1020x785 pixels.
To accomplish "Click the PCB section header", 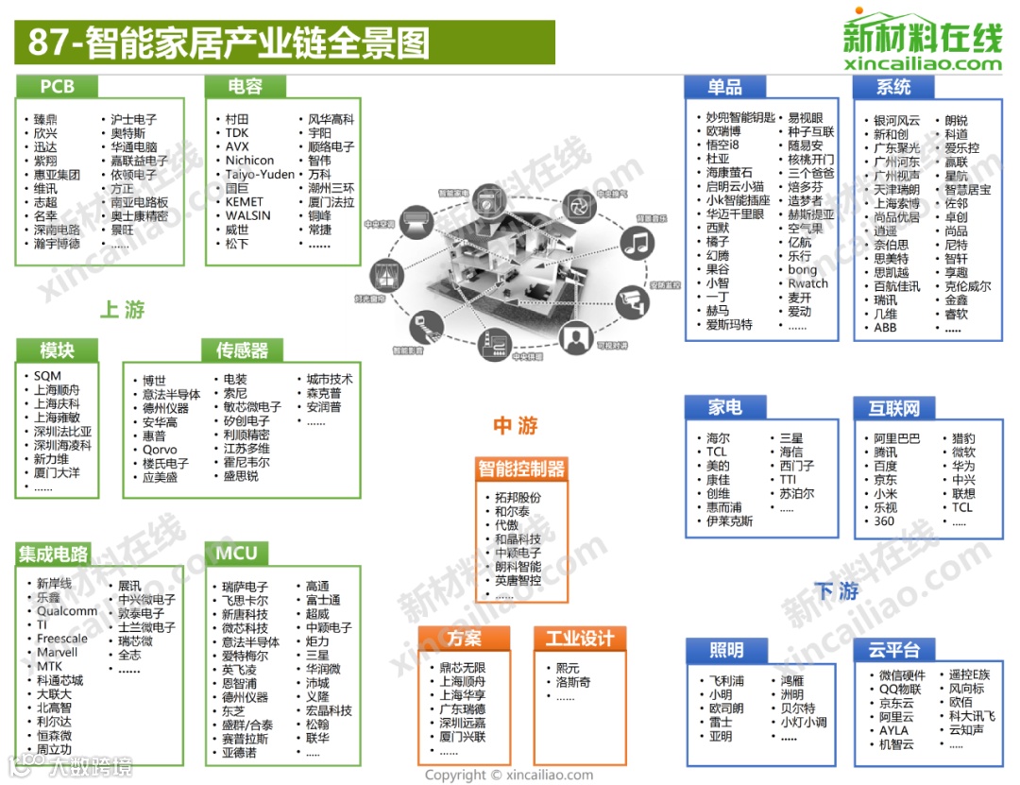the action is pos(57,87).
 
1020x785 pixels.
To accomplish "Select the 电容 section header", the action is pos(246,87).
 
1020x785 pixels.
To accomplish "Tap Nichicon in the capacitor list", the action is pos(249,161).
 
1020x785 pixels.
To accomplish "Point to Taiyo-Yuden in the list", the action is pos(260,175).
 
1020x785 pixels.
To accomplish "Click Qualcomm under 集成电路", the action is pos(67,611).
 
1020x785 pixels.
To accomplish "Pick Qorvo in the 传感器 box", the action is pos(160,450).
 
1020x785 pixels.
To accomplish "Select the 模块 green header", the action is pos(57,350).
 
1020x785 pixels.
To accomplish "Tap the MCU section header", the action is pos(236,553).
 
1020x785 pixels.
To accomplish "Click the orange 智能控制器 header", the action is pos(520,469).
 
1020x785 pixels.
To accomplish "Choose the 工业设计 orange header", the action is pos(579,639).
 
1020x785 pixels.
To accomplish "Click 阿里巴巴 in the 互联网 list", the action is pos(896,438).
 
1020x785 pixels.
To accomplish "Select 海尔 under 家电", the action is pos(718,438).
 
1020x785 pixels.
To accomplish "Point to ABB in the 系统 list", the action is pos(885,328).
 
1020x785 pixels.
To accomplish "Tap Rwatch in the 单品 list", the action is pos(807,283).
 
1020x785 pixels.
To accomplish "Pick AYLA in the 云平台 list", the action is pos(893,730).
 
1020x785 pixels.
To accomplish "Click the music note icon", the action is pos(639,242).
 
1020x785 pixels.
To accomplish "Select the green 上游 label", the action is pos(122,310).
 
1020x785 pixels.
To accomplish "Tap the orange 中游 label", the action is pos(515,426).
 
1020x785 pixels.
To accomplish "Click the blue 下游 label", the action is pos(837,591).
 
